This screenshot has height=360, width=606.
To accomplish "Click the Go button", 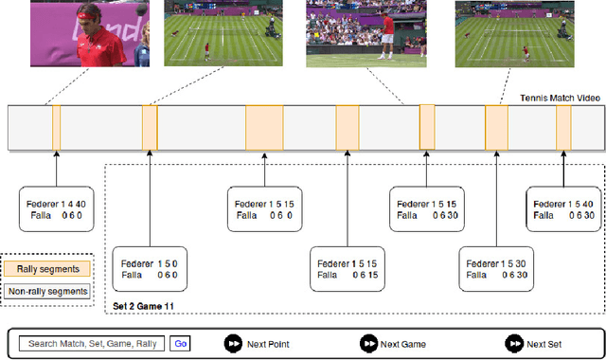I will (180, 343).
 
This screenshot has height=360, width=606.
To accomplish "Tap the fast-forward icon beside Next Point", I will (232, 343).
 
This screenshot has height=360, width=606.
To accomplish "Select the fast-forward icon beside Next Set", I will (512, 343).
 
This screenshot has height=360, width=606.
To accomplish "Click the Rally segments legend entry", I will (47, 269).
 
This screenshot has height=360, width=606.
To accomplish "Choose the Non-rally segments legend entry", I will (47, 291).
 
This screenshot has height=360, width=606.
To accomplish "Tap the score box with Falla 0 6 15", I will (347, 268).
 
